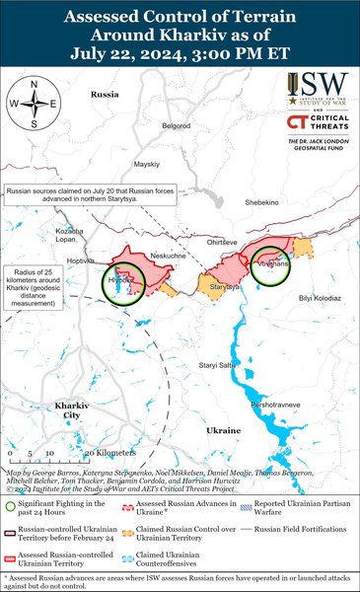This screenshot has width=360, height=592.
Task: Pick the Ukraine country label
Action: pos(224,430)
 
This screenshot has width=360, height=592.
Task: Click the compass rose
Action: pos(33,104)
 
